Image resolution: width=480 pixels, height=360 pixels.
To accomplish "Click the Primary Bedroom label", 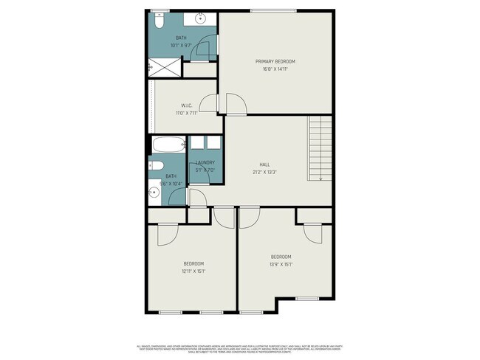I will click(x=275, y=61).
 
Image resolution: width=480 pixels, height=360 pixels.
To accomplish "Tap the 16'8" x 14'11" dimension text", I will click(x=275, y=70).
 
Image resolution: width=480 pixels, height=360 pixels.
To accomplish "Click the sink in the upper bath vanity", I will click(x=201, y=18).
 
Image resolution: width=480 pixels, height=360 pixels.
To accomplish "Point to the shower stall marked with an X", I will click(x=165, y=68).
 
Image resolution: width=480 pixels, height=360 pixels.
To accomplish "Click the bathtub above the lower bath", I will click(x=168, y=145).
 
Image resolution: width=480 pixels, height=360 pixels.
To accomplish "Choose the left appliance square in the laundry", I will click(x=196, y=145).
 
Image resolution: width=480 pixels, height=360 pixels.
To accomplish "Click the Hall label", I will click(x=264, y=165).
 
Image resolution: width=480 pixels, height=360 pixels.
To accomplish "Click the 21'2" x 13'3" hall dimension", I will click(x=264, y=173).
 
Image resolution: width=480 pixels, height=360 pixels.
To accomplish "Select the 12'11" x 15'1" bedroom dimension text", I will click(x=193, y=271).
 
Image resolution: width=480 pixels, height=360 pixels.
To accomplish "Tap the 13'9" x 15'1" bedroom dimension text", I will click(x=281, y=265).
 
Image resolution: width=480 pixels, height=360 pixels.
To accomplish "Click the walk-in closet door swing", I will click(x=210, y=105).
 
